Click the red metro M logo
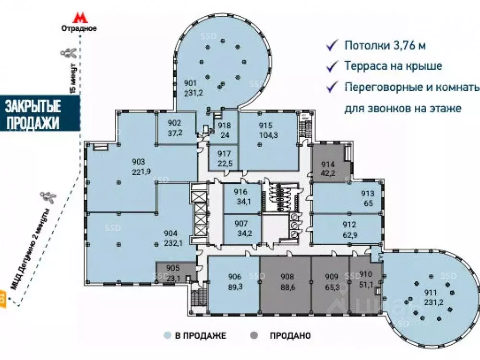pos(79,18)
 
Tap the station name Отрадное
pos(79,28)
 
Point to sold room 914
pos(328,164)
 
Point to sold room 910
pos(365,278)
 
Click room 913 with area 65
pos(367,198)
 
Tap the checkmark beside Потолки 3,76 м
pos(331,46)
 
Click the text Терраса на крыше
pos(393,67)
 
